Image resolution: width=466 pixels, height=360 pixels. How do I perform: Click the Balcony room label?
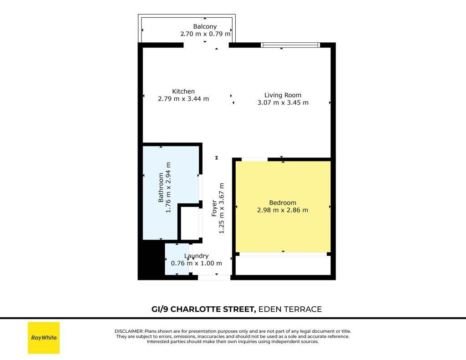click(x=205, y=26)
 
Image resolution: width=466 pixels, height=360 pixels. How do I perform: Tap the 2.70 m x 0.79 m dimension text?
click(x=205, y=34)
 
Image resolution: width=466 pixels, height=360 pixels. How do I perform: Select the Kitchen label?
click(x=183, y=91)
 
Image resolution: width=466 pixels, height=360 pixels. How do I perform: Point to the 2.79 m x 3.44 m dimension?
click(x=183, y=99)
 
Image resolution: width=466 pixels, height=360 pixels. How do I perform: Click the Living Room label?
click(x=283, y=95)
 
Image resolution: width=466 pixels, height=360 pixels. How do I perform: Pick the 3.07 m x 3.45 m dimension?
click(x=283, y=102)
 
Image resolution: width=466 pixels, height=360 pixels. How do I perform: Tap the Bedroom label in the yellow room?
click(x=283, y=203)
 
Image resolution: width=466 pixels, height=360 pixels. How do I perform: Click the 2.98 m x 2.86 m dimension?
click(x=283, y=210)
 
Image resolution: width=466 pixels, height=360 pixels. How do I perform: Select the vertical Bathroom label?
click(x=161, y=188)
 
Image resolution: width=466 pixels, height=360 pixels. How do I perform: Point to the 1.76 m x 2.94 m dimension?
click(x=168, y=188)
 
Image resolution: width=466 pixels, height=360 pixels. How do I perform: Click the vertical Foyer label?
click(x=214, y=208)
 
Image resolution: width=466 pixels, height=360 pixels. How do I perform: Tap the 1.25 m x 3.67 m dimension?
click(x=222, y=208)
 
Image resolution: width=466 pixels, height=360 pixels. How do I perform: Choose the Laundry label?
click(x=196, y=256)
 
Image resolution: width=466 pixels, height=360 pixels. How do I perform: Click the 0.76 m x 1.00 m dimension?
click(x=197, y=264)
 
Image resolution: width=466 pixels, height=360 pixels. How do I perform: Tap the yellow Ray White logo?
click(x=44, y=338)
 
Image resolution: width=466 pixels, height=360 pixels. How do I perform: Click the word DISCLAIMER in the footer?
click(x=129, y=331)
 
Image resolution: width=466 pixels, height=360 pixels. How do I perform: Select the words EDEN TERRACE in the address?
click(x=290, y=309)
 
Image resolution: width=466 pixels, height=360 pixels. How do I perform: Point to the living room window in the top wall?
click(x=290, y=45)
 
